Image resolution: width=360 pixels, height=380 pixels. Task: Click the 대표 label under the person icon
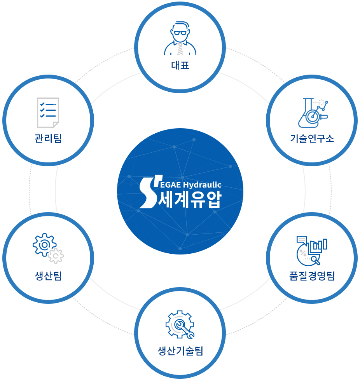point(180,65)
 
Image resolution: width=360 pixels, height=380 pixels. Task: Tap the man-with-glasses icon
point(180,38)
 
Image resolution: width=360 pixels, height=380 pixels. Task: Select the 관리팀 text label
point(48,138)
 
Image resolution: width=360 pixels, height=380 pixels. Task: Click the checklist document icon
point(48,112)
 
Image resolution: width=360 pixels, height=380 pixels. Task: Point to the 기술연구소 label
point(312,138)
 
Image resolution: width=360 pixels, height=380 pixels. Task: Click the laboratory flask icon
point(313,113)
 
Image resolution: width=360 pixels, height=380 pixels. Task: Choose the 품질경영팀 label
point(312,276)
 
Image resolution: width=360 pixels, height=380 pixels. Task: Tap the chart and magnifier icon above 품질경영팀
point(312,251)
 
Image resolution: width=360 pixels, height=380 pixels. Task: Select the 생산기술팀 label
point(180,351)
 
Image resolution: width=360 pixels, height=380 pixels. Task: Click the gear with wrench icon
point(180,324)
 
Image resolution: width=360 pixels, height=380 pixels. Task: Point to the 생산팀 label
point(48,276)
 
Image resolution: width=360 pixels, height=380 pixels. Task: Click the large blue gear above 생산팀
point(45,245)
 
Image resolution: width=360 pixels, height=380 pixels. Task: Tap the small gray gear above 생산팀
point(56,256)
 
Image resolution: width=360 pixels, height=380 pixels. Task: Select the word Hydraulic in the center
point(202,185)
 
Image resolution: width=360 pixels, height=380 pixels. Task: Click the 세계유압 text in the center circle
point(190,199)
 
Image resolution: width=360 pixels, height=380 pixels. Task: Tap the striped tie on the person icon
point(180,49)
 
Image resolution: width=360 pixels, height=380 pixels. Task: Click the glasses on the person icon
point(180,33)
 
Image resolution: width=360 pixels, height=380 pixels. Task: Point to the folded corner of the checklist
point(56,125)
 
